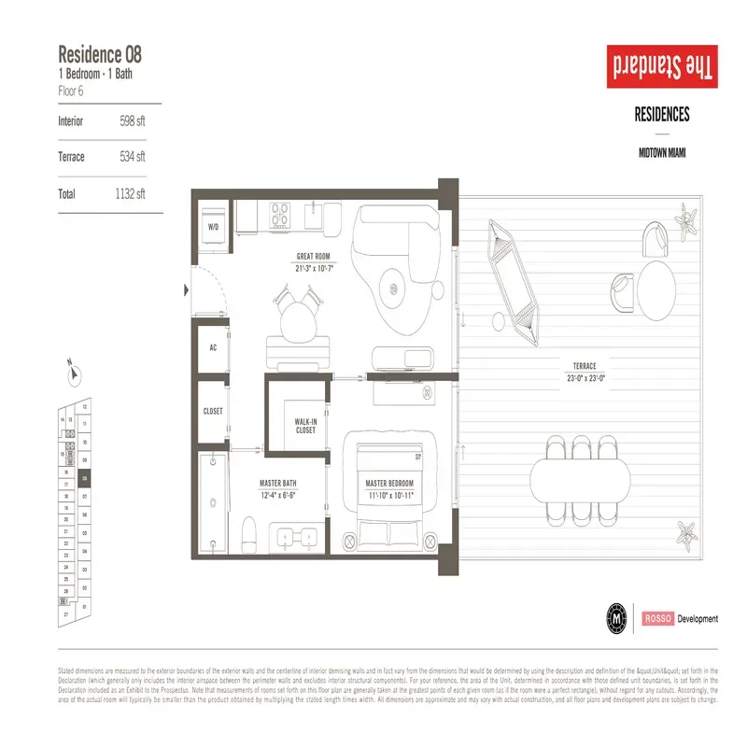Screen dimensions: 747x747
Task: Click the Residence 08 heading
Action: (x=100, y=53)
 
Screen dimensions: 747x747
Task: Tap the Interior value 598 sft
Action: (x=133, y=121)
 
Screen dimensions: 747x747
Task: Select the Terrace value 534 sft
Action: (x=133, y=157)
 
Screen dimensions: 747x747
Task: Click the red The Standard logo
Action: (x=661, y=67)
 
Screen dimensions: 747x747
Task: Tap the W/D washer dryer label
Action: (x=213, y=226)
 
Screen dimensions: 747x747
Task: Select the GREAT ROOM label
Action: (x=315, y=256)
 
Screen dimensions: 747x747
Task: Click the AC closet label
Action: (x=212, y=346)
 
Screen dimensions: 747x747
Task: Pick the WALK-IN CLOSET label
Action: (x=305, y=426)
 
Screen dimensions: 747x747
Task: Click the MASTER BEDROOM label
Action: (x=388, y=484)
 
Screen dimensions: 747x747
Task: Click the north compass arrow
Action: (x=72, y=373)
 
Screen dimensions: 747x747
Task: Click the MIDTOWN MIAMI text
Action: (x=661, y=153)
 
